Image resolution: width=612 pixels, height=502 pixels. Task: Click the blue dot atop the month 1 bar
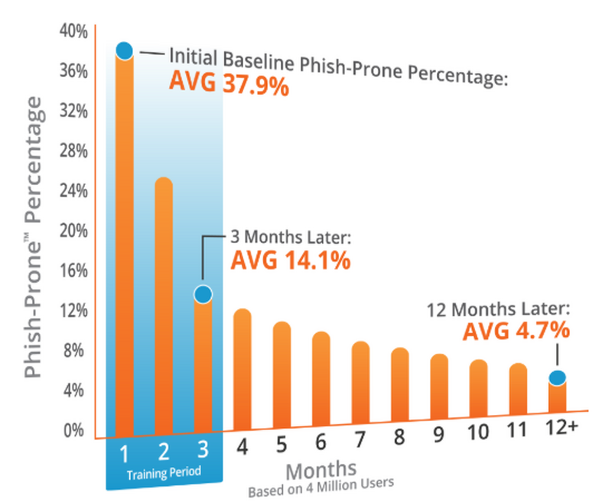[125, 51]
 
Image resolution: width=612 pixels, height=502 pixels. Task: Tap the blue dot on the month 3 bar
[203, 294]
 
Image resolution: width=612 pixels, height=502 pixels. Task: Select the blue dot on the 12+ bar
[557, 377]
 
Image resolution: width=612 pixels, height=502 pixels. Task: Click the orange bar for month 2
[164, 306]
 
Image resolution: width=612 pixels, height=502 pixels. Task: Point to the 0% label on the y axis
[76, 430]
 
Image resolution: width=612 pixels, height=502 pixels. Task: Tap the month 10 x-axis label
[478, 432]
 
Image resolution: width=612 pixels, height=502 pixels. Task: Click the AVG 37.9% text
[229, 83]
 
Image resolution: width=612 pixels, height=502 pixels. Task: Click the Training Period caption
[164, 472]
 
